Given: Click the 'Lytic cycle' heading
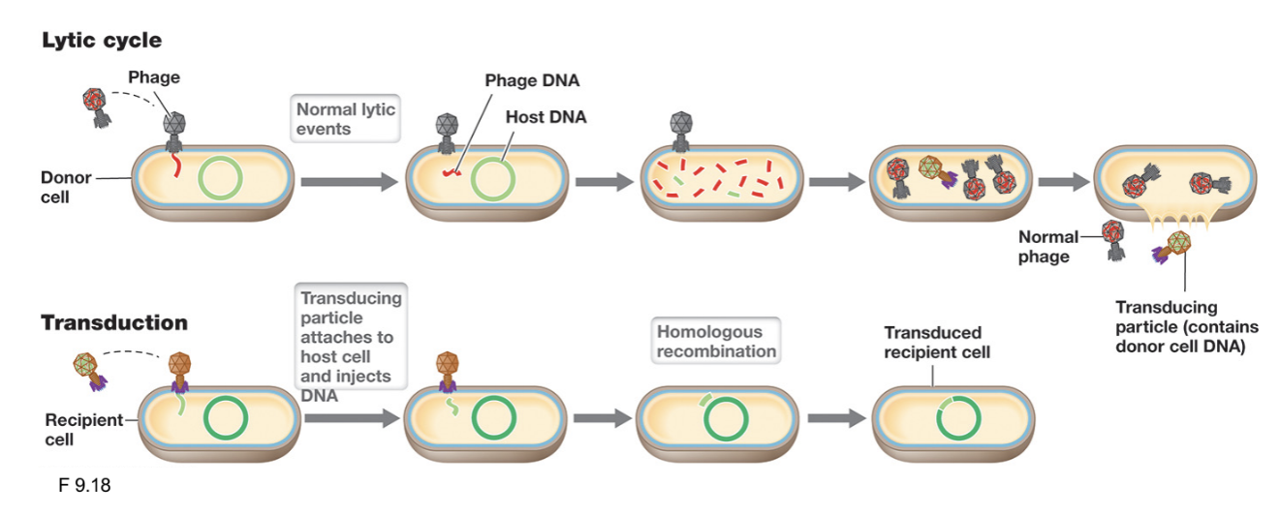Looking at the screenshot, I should click(101, 41).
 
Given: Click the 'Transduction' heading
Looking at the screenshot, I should click(113, 322).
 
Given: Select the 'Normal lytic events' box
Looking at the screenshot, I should click(345, 118).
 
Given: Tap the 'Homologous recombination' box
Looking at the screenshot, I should click(716, 341).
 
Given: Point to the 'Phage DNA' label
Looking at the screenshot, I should click(532, 80).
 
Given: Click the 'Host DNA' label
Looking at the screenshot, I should click(546, 117).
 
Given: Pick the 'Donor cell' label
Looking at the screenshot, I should click(66, 187).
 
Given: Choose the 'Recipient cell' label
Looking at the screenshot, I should click(83, 429).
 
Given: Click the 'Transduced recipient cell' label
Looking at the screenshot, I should click(936, 343).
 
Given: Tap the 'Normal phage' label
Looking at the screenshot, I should click(1047, 247).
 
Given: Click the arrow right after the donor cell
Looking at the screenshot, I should click(349, 181).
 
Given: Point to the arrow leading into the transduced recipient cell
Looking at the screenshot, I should click(836, 418).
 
